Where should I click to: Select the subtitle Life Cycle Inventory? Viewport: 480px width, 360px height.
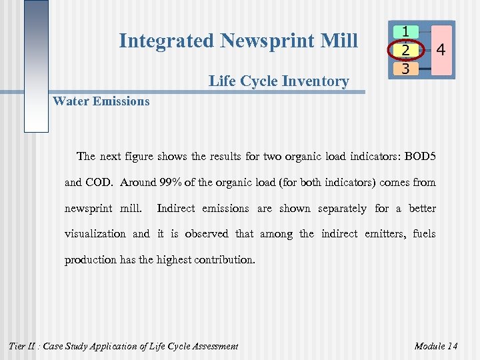279,81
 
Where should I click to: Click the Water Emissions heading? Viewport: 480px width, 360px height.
101,101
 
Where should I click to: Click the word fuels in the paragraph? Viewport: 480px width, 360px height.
424,234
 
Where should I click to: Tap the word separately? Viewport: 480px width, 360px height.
342,209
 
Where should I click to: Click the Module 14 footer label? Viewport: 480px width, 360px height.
435,346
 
